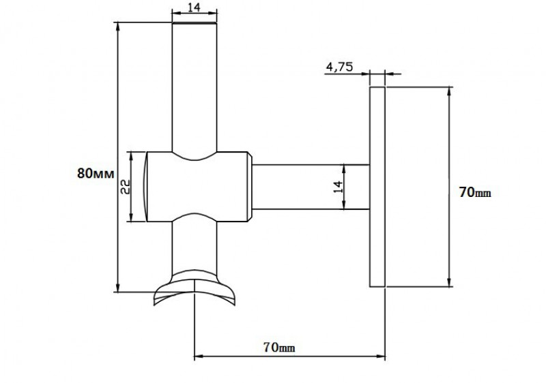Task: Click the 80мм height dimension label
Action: (96, 173)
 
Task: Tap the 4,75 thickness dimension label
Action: (339, 66)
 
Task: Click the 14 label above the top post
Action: (195, 7)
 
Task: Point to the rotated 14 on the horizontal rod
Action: (338, 187)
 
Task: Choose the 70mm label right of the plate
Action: (474, 192)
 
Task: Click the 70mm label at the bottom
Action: (279, 347)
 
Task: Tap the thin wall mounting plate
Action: (377, 187)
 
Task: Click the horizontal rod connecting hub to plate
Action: (311, 187)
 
